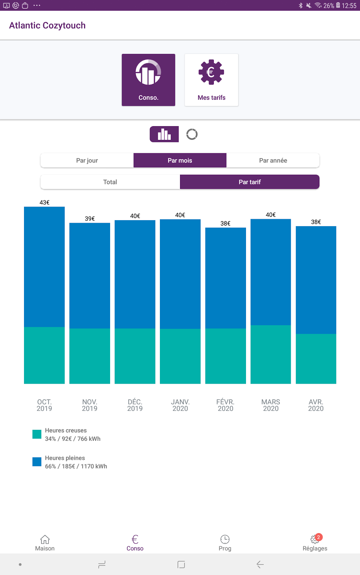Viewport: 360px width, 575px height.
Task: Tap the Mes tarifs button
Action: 211,80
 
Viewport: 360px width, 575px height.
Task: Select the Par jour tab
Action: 87,160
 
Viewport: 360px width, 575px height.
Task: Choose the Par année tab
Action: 273,160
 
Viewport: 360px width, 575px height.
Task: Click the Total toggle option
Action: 110,182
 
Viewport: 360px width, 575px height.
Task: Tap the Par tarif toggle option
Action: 250,182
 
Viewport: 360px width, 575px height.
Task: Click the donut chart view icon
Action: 192,134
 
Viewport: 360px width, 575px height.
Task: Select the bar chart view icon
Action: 164,134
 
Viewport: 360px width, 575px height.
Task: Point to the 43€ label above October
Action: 44,203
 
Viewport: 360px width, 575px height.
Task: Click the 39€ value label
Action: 90,219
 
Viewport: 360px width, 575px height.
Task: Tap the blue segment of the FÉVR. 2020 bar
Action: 226,278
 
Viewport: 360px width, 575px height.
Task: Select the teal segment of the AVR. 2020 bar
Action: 316,359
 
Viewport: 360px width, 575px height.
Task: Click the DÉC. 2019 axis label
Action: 135,405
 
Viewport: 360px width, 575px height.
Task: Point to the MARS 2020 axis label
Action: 271,405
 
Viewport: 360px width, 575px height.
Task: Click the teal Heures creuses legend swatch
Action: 37,434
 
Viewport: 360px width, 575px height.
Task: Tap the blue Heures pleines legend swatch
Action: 37,462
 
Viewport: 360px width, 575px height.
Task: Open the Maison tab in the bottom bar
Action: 45,543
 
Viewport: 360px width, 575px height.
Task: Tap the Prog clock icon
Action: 225,539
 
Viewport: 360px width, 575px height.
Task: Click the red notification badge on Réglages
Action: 319,537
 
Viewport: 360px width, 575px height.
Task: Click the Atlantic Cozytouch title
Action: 47,25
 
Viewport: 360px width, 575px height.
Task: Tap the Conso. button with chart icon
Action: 148,80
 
